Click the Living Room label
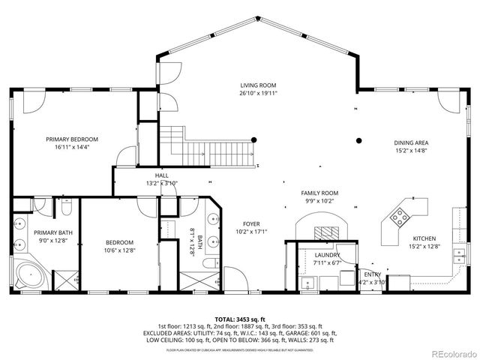pyautogui.click(x=258, y=85)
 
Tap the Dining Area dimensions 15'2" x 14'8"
pyautogui.click(x=411, y=150)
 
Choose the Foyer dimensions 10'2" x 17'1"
pyautogui.click(x=253, y=231)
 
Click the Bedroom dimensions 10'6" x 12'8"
pyautogui.click(x=119, y=250)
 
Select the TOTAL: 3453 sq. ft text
pyautogui.click(x=239, y=319)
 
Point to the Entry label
pyautogui.click(x=373, y=274)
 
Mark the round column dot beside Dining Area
pyautogui.click(x=359, y=139)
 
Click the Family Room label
pyautogui.click(x=319, y=193)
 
